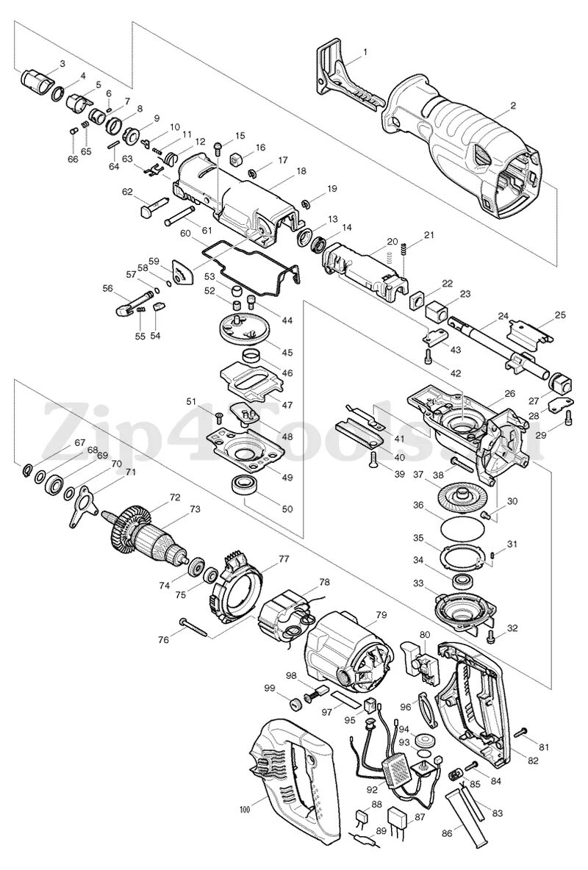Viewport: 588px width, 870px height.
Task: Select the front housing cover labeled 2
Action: coord(470,147)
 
